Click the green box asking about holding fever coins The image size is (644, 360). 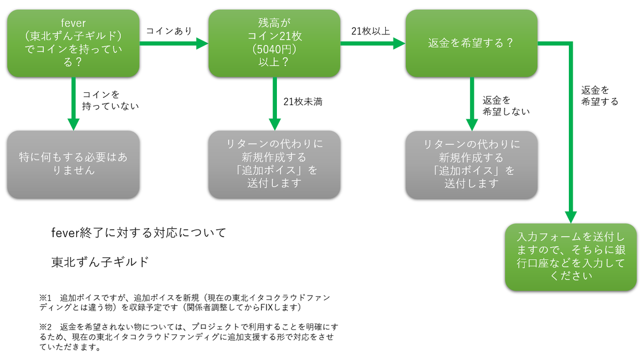tap(74, 43)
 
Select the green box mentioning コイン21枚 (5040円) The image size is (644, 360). tap(274, 43)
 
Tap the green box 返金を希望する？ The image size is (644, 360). tap(471, 43)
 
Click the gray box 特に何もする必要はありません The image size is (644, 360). tap(74, 164)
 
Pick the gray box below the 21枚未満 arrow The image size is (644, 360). tap(274, 164)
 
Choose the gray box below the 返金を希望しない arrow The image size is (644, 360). tap(471, 164)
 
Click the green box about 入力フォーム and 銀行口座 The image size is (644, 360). tap(570, 256)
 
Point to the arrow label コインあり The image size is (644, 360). tap(169, 31)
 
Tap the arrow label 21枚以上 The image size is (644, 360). tap(370, 31)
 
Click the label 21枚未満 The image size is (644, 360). tap(303, 101)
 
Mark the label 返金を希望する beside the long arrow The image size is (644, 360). tap(599, 95)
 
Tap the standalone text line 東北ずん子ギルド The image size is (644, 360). tap(99, 262)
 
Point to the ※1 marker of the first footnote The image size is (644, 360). tap(44, 297)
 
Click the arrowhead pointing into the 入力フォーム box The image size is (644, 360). tap(570, 218)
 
